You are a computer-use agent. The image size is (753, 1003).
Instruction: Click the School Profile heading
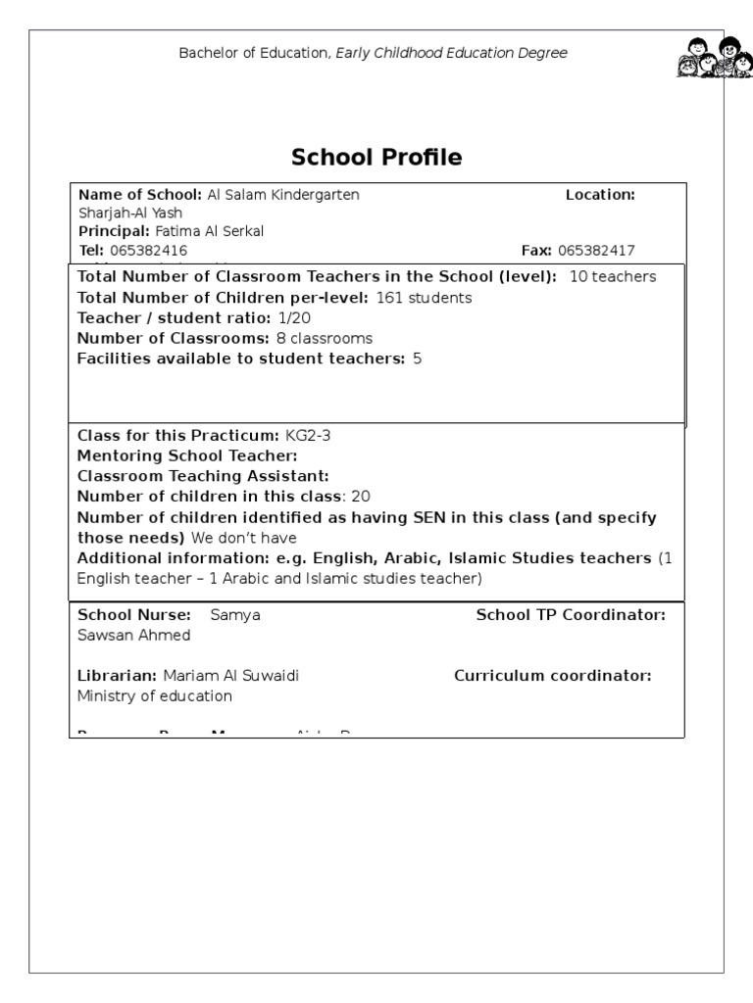pyautogui.click(x=376, y=158)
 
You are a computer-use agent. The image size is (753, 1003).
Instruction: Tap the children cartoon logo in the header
pyautogui.click(x=714, y=58)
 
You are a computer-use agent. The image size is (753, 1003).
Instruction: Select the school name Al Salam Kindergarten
pyautogui.click(x=283, y=195)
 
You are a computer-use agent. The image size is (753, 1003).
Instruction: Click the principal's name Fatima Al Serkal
pyautogui.click(x=210, y=232)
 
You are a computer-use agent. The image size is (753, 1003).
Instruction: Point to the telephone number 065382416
pyautogui.click(x=149, y=251)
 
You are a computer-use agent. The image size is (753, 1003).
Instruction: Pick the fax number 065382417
pyautogui.click(x=596, y=251)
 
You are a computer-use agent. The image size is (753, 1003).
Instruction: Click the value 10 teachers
pyautogui.click(x=613, y=277)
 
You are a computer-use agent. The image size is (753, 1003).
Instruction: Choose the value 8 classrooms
pyautogui.click(x=325, y=339)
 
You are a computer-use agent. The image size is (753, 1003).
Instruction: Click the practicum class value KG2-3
pyautogui.click(x=308, y=436)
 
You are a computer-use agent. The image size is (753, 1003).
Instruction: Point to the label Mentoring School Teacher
pyautogui.click(x=187, y=456)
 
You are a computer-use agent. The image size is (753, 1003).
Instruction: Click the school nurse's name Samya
pyautogui.click(x=235, y=615)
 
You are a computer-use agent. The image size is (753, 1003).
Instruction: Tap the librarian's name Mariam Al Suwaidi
pyautogui.click(x=231, y=676)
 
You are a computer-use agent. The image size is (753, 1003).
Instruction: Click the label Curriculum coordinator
pyautogui.click(x=553, y=676)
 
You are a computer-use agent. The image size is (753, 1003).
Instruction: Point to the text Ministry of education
pyautogui.click(x=155, y=696)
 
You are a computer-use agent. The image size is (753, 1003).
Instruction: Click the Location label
pyautogui.click(x=600, y=195)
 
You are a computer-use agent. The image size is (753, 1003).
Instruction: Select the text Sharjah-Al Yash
pyautogui.click(x=129, y=214)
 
